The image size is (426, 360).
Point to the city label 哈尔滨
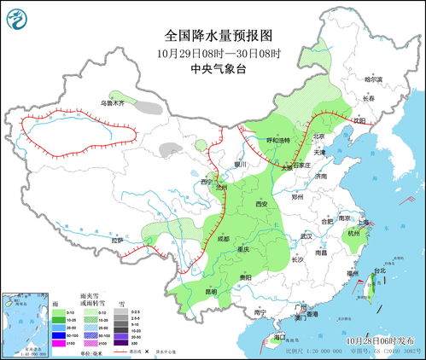(x=375, y=79)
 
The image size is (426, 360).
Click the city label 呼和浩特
(x=275, y=140)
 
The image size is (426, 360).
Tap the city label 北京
(x=318, y=136)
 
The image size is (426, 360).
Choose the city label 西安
(x=262, y=205)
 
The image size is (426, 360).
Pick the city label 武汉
(x=306, y=236)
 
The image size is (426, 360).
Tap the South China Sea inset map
(x=23, y=324)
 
